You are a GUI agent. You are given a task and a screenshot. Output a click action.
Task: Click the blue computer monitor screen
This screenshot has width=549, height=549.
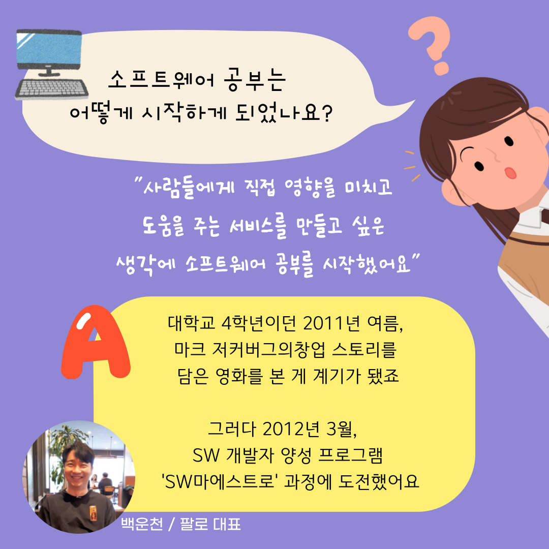coord(49,48)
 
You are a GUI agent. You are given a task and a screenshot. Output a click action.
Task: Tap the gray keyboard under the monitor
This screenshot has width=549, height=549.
coord(51,89)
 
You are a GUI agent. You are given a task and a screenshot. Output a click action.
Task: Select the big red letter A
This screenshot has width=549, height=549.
coord(95,342)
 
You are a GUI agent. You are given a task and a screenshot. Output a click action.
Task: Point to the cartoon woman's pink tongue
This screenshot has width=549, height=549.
coord(510,173)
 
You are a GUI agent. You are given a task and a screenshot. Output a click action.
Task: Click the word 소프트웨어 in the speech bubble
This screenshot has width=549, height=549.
coord(161,80)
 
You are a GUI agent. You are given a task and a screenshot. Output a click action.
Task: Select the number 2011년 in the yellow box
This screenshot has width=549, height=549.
coord(331,323)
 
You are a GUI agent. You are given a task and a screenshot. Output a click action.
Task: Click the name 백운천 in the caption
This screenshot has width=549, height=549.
coord(142,524)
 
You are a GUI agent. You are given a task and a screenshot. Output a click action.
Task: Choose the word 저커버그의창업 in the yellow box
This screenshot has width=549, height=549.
coord(268,349)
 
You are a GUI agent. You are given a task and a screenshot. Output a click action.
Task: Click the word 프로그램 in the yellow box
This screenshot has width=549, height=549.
coord(351,455)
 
